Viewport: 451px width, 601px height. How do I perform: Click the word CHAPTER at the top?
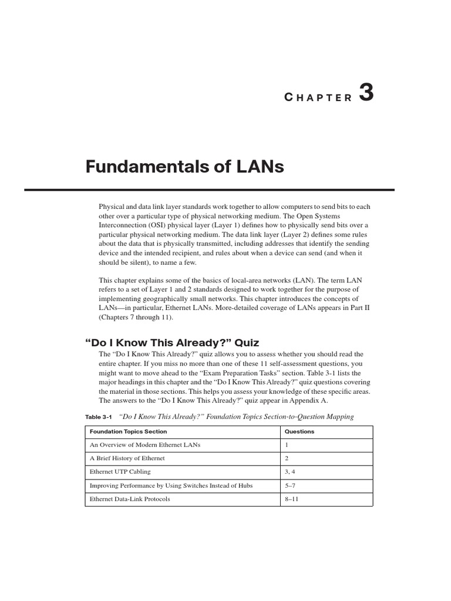coord(318,98)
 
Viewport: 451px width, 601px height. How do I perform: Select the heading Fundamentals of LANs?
coord(184,167)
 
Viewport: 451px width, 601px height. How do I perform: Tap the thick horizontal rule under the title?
coord(209,190)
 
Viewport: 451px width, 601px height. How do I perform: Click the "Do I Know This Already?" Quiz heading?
coord(172,343)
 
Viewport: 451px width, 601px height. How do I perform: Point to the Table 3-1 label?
coord(98,417)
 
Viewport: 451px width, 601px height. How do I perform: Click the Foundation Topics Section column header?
coord(128,431)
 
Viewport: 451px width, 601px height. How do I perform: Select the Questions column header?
coord(299,431)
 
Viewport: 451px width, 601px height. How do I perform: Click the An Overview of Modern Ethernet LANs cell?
coord(145,445)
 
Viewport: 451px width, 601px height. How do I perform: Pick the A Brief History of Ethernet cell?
coord(127,458)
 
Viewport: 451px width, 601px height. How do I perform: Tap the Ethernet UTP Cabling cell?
coord(120,472)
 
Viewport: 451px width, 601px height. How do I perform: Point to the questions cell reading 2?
coord(287,458)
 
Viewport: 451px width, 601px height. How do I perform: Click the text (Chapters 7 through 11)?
coord(136,318)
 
